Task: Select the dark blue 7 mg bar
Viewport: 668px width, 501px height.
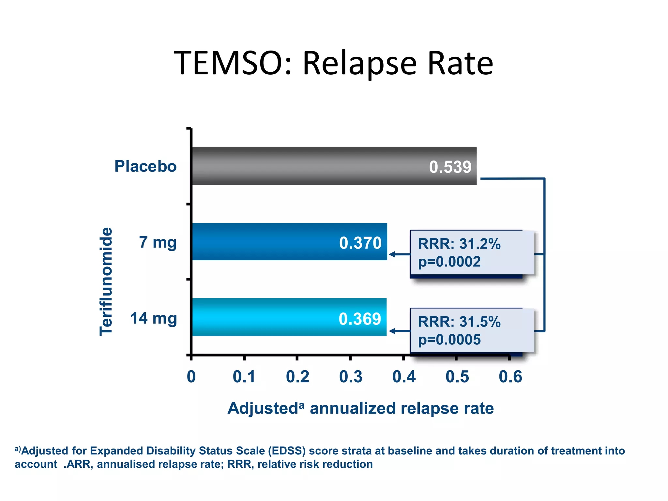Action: coord(261,242)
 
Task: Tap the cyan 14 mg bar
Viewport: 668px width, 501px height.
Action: coord(261,317)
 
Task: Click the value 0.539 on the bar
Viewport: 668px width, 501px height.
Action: coord(450,167)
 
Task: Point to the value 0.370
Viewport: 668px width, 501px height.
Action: coord(360,243)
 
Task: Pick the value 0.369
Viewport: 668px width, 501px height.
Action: coord(360,319)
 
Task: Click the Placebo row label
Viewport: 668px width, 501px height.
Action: coord(145,166)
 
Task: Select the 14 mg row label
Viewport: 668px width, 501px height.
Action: coord(153,318)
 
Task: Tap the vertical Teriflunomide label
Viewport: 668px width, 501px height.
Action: coord(106,281)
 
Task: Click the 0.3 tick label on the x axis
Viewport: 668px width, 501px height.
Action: coord(351,377)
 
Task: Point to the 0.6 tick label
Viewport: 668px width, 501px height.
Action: coord(510,377)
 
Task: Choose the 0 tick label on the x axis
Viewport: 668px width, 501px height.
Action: coord(191,377)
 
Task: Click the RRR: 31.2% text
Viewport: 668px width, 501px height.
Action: coord(459,244)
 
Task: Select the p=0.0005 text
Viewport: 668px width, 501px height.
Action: coord(449,340)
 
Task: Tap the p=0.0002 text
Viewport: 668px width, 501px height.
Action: coord(449,262)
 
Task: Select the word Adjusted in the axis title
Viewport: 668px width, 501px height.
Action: coord(263,408)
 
